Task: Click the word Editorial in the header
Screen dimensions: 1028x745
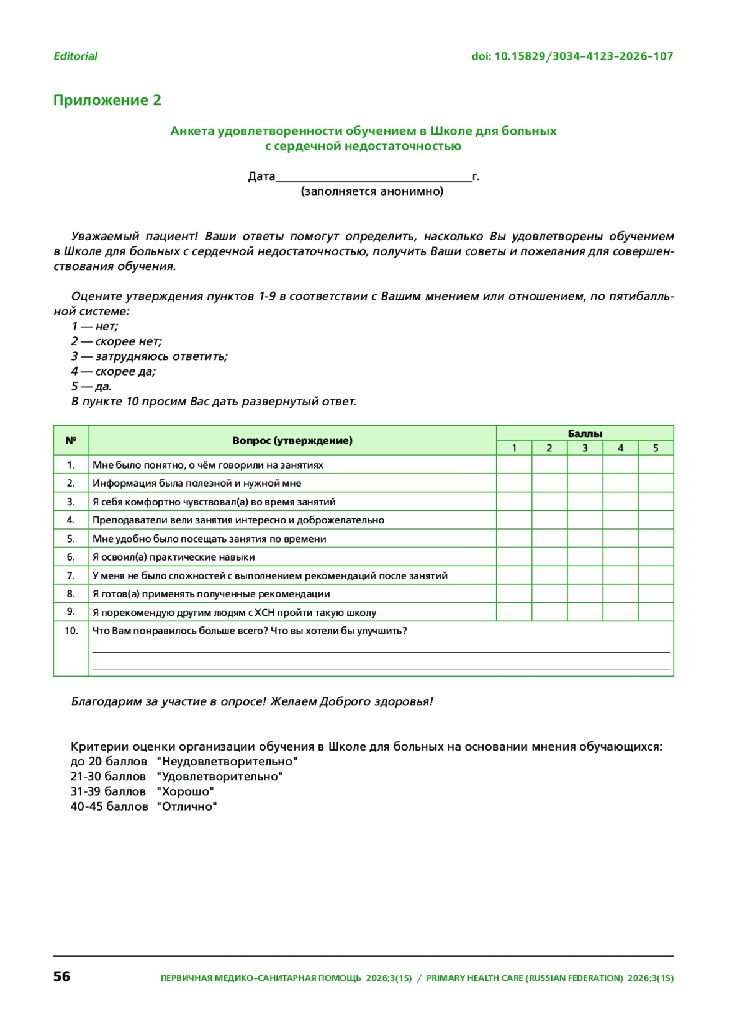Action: [75, 56]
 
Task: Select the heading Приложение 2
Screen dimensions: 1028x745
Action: [107, 101]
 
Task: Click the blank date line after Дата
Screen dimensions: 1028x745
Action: [373, 179]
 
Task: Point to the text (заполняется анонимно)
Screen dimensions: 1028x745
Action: [372, 191]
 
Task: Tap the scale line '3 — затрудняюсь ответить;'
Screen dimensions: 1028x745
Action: [149, 356]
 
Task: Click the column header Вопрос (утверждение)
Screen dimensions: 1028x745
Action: [292, 441]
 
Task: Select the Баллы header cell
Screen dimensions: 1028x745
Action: [585, 434]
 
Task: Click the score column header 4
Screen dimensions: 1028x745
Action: [620, 448]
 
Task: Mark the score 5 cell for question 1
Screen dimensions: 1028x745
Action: [656, 465]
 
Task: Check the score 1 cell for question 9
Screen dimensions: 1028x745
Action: [514, 612]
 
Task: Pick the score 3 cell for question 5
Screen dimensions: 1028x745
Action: [585, 539]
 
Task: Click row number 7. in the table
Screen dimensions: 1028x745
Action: [71, 575]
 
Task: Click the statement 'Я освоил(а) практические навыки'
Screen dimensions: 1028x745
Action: [173, 557]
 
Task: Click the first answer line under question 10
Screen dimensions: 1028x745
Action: [381, 651]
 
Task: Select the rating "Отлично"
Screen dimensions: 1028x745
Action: [187, 807]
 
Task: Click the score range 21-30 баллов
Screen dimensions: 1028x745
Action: [108, 777]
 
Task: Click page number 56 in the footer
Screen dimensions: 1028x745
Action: [61, 976]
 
